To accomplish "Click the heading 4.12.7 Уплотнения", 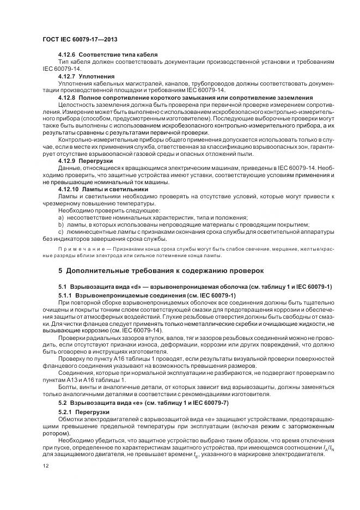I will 86,77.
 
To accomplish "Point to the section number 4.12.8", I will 67,98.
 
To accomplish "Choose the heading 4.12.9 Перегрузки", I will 85,161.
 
